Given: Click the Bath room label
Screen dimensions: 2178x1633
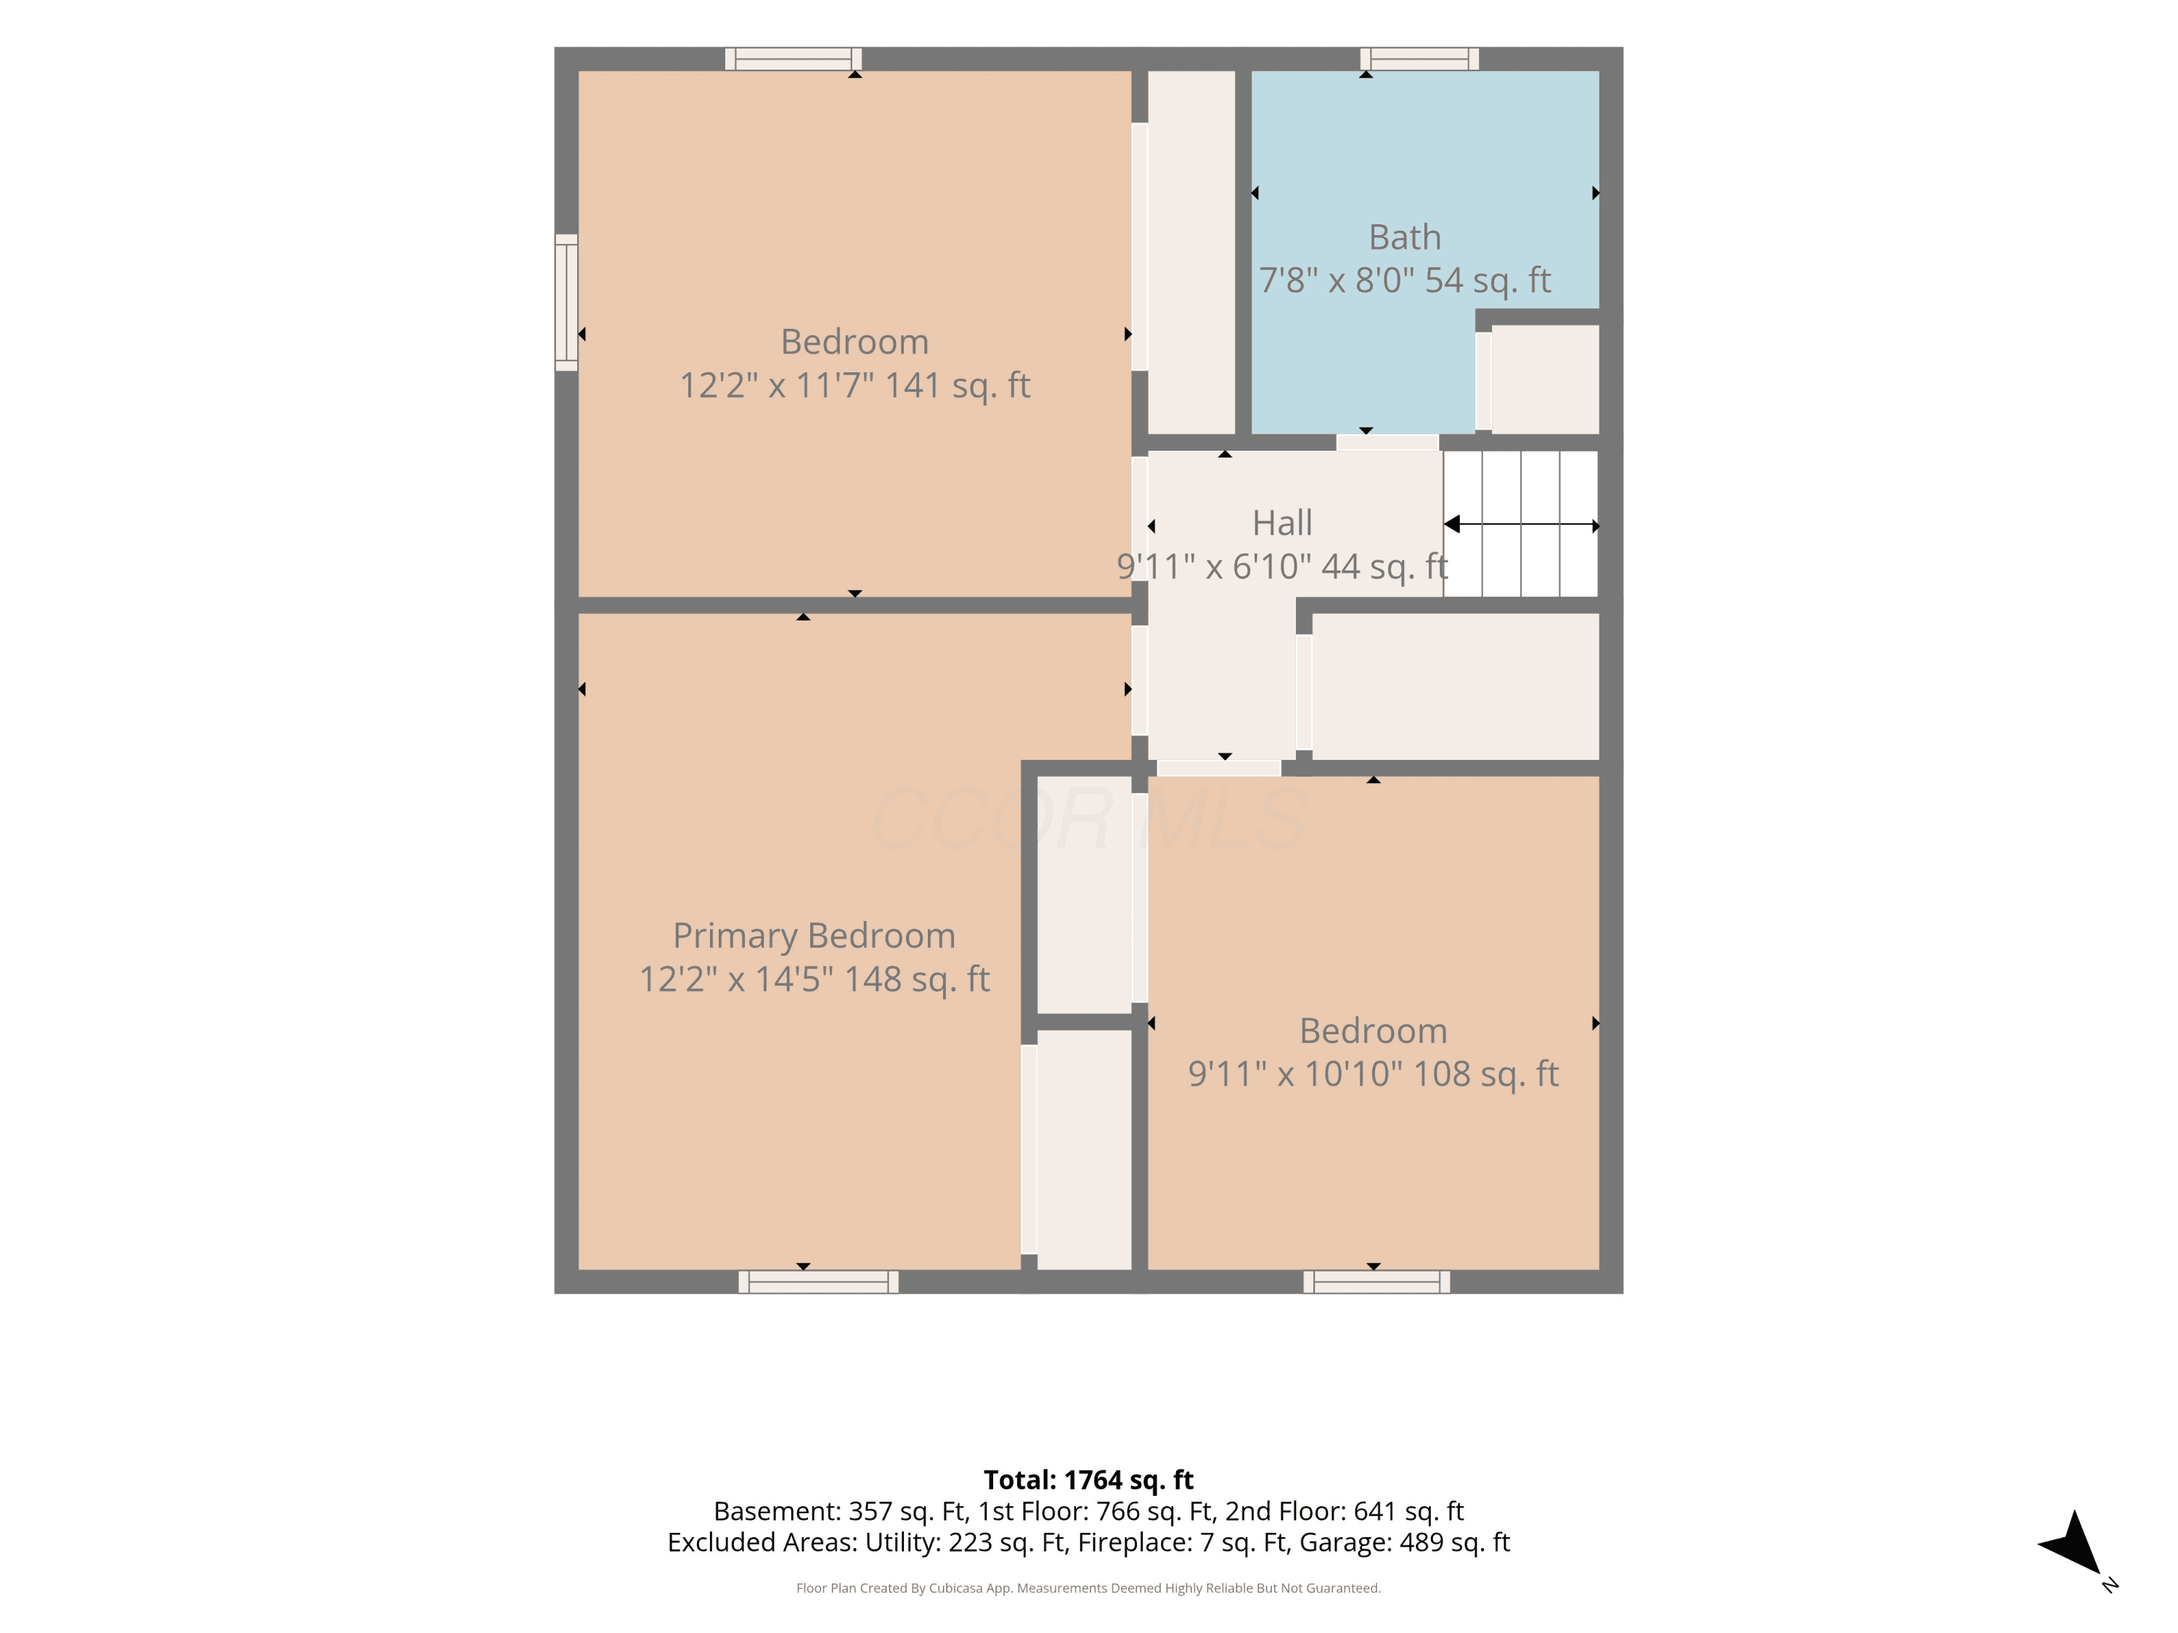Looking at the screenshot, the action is (1404, 237).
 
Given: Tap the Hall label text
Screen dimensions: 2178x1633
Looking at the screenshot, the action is (1282, 523).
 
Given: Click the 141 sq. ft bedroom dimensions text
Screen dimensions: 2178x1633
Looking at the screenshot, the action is (855, 385).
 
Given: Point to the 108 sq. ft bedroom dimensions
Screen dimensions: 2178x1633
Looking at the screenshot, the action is (1374, 1073).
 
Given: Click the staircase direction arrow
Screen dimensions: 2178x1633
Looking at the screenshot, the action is (1521, 525).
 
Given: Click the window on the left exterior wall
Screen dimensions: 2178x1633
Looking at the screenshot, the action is (566, 302).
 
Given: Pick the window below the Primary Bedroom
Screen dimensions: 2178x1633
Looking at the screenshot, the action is (818, 1282).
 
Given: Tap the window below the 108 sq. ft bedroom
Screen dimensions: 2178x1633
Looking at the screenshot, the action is (1376, 1282).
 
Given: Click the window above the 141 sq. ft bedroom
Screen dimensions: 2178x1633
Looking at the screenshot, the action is (794, 59).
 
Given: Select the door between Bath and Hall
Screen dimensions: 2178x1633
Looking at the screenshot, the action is (1387, 443).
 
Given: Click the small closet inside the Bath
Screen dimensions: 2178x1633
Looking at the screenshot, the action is (1545, 379).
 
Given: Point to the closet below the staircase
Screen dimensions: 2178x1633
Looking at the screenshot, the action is (1456, 686).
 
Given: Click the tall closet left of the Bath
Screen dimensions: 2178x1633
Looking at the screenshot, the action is (1191, 252).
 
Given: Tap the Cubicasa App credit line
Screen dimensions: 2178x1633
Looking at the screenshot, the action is (1088, 1588).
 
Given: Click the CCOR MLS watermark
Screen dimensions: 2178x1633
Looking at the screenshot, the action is (1089, 819).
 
